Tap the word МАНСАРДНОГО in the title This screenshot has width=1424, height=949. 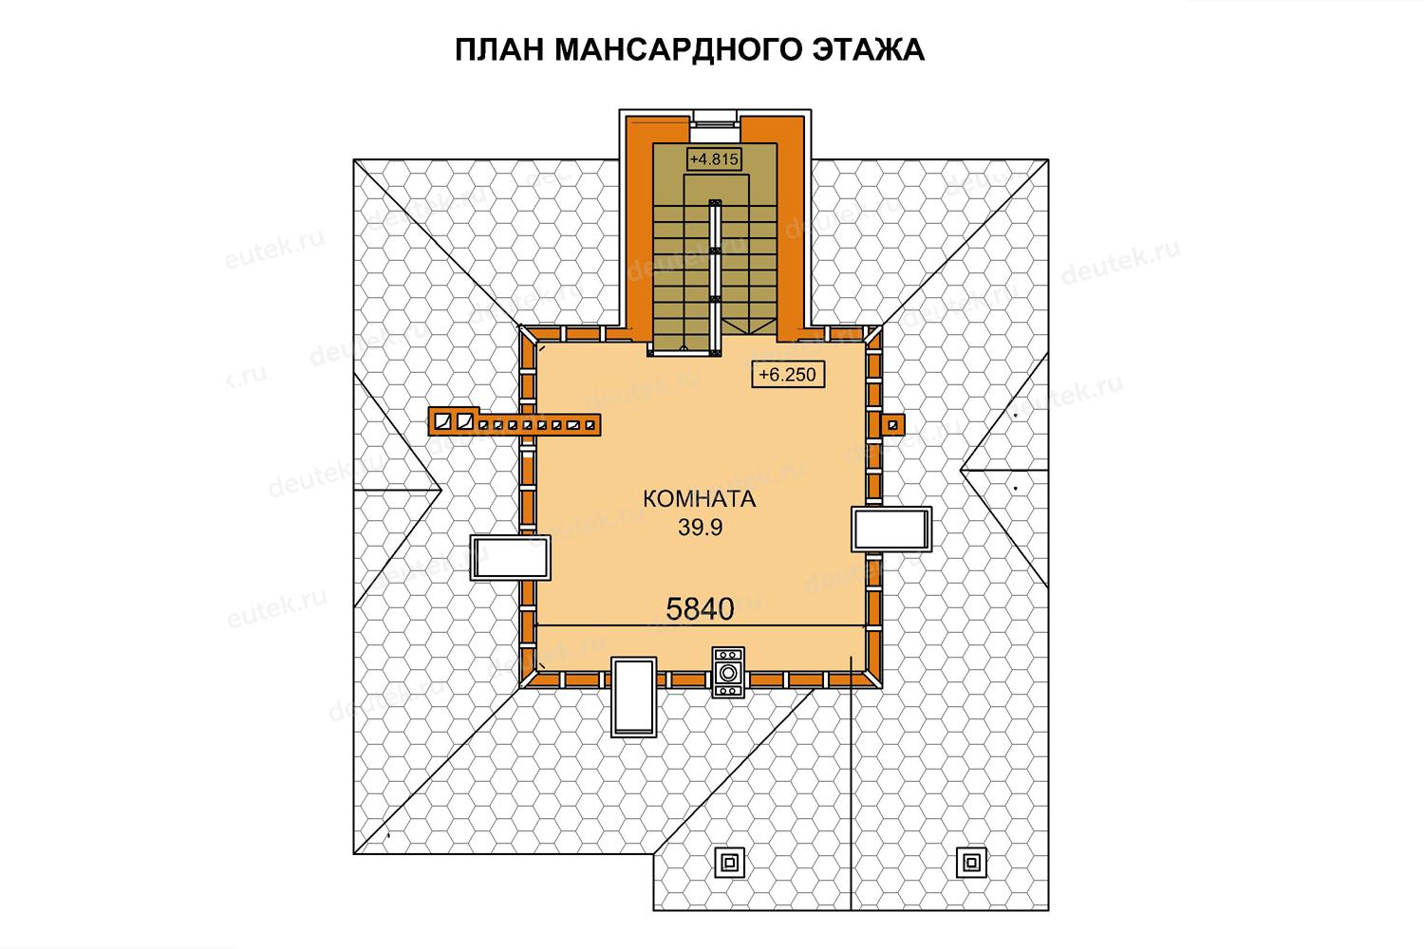click(x=677, y=50)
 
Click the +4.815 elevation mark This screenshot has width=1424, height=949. click(x=715, y=158)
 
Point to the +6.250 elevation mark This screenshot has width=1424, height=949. click(x=788, y=375)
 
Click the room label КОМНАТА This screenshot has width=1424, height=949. click(x=700, y=499)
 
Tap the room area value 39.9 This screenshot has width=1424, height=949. click(x=700, y=528)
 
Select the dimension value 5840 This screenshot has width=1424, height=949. click(x=700, y=609)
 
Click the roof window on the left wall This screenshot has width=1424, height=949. click(x=511, y=557)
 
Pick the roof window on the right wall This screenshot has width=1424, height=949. click(x=891, y=529)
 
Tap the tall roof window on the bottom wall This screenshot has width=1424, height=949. click(x=634, y=698)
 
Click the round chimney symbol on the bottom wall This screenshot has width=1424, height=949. click(x=728, y=673)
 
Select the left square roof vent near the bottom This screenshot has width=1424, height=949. click(x=729, y=863)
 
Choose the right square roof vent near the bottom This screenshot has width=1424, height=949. click(x=971, y=863)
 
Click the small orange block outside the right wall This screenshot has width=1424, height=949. click(x=892, y=424)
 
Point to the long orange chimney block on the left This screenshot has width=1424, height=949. click(x=515, y=421)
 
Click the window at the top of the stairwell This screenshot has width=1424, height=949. click(x=715, y=119)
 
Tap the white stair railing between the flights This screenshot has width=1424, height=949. click(x=715, y=277)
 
